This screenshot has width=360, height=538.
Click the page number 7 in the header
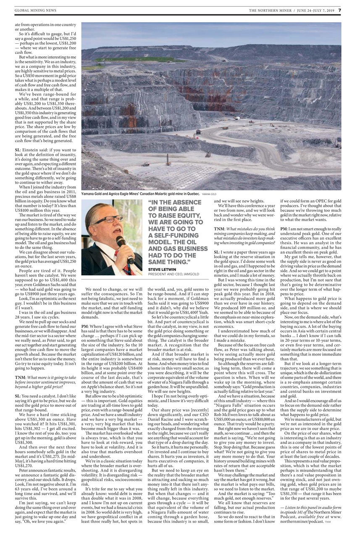(x=340, y=10)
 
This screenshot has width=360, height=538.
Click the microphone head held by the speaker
(x=120, y=241)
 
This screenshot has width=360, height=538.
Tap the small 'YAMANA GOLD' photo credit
(x=210, y=195)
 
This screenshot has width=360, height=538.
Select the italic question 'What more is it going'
(x=49, y=377)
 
